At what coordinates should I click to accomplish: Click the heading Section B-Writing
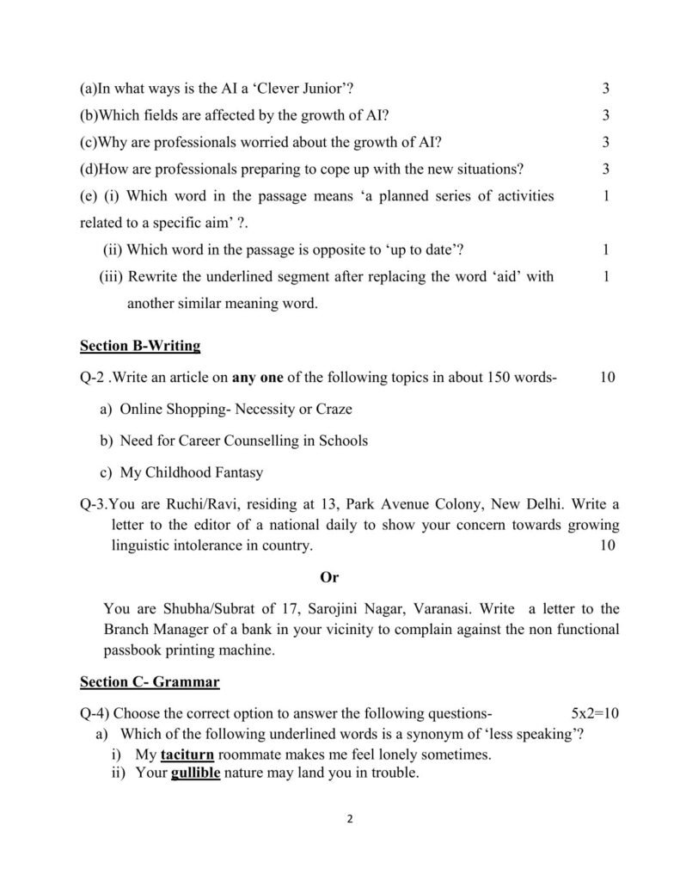pyautogui.click(x=140, y=347)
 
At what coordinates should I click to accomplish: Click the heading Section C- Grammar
pyautogui.click(x=150, y=682)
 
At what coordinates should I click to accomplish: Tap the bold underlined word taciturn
pyautogui.click(x=187, y=755)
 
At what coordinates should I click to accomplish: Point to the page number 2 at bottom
pyautogui.click(x=350, y=819)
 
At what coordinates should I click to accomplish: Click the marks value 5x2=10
pyautogui.click(x=595, y=713)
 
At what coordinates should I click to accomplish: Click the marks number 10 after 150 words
pyautogui.click(x=608, y=377)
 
